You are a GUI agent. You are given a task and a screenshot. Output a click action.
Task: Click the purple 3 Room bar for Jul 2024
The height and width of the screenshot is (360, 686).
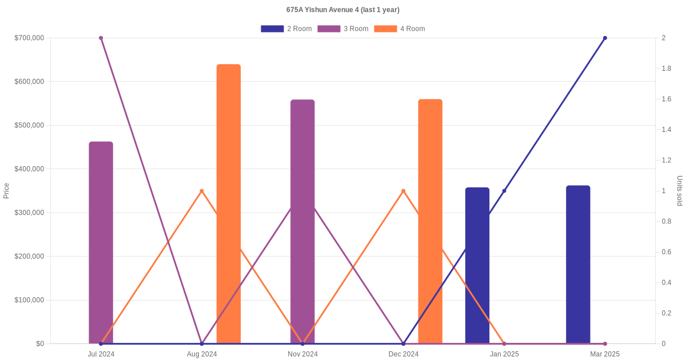click(101, 243)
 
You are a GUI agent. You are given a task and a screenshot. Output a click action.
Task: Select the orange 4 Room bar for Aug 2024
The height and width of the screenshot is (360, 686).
click(229, 204)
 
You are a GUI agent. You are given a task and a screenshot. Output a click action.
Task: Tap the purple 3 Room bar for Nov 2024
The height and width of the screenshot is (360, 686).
click(302, 222)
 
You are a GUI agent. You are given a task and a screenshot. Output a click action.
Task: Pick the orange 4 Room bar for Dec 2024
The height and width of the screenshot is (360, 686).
click(430, 222)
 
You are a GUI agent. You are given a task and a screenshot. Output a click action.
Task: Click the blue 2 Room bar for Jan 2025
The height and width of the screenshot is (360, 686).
click(477, 266)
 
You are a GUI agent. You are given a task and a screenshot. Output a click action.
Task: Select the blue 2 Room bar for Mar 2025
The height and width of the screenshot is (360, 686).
click(578, 265)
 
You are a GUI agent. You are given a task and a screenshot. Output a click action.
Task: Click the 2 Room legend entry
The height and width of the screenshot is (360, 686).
click(286, 29)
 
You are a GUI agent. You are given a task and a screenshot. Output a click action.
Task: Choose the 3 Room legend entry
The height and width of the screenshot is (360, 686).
click(343, 29)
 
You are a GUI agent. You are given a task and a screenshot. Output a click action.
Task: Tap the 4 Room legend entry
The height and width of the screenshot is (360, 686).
click(400, 29)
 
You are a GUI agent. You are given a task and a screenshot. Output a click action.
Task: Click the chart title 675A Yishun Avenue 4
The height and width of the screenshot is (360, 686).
click(343, 10)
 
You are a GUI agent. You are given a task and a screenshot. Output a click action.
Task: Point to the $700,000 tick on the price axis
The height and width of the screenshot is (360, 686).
click(29, 38)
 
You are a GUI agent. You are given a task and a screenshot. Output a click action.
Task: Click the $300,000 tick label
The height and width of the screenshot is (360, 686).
click(29, 213)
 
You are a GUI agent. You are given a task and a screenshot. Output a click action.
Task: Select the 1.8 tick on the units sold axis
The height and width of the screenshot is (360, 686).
click(667, 69)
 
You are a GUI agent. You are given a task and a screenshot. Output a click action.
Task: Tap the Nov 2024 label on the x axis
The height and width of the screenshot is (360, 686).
click(302, 354)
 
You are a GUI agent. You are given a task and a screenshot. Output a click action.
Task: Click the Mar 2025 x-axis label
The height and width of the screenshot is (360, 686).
click(605, 354)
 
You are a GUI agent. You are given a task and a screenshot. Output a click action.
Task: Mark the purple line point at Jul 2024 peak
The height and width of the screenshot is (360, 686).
click(101, 38)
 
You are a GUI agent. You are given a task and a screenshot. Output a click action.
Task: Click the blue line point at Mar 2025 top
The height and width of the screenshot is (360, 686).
click(605, 38)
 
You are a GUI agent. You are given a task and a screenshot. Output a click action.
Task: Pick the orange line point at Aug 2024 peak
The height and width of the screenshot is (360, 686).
click(202, 191)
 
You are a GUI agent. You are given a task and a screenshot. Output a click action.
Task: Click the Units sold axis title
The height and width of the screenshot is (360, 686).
click(680, 191)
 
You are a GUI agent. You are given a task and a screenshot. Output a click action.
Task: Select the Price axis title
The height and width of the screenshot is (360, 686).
click(6, 191)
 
